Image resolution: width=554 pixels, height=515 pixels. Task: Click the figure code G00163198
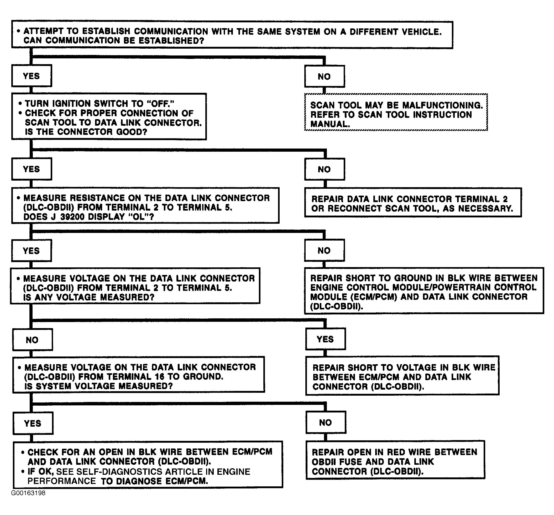coord(28,501)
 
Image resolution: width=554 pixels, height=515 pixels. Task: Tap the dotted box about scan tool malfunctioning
coord(396,112)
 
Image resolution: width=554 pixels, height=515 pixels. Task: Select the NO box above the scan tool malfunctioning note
coord(324,76)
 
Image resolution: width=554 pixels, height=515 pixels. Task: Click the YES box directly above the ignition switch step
coord(32,76)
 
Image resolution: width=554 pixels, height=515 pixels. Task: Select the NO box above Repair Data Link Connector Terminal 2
coord(324,169)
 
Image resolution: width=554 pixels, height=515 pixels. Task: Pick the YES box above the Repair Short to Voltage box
coord(325,339)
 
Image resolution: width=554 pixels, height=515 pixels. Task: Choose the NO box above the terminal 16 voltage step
coord(32,340)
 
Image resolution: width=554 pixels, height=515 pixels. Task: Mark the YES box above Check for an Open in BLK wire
coord(33,423)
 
